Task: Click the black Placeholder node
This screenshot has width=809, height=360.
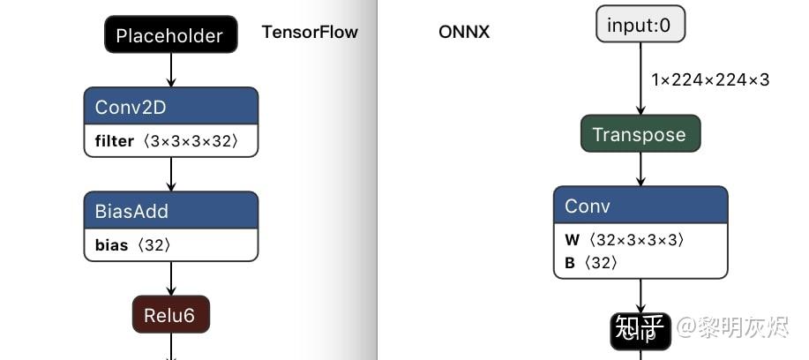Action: pos(170,36)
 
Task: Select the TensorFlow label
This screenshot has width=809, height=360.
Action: pos(310,33)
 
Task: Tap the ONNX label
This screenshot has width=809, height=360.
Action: pos(464,33)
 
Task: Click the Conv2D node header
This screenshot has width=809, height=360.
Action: pos(171,107)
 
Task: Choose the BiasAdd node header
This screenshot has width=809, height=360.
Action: pos(171,211)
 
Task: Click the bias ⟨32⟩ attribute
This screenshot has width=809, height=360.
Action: pos(133,245)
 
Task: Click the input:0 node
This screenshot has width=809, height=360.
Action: pos(640,25)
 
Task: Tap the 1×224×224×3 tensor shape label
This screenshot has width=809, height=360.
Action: pos(710,80)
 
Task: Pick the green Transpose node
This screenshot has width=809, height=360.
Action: pos(640,134)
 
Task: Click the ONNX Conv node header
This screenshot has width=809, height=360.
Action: pos(640,206)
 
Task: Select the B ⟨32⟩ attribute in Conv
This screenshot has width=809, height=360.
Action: pos(591,263)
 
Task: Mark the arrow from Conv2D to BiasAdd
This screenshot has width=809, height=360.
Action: pos(171,175)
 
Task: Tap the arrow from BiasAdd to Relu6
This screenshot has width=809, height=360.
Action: pos(171,279)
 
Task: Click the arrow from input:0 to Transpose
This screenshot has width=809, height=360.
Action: pos(640,79)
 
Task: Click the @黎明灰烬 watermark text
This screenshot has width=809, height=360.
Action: pos(731,330)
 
